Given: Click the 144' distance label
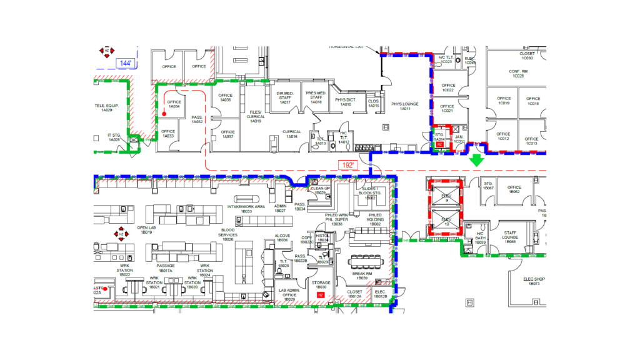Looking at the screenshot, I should click(126, 63).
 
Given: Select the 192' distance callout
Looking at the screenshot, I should click(348, 165).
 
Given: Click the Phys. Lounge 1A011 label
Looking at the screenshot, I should click(401, 106).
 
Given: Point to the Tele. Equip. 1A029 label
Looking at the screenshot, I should click(107, 107).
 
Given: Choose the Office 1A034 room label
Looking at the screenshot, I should click(174, 104).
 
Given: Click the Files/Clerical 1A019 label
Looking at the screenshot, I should click(256, 116).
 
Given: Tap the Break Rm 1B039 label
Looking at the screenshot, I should click(362, 276).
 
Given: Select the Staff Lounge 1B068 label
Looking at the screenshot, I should click(511, 237).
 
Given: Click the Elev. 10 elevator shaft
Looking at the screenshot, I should click(446, 222).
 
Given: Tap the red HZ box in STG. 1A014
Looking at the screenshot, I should click(439, 144).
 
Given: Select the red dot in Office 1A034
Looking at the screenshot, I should click(164, 114).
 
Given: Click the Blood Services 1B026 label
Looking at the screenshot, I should click(227, 234).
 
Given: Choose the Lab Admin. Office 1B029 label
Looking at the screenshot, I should click(289, 294).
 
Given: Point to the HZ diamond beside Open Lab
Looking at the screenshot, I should click(121, 234).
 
